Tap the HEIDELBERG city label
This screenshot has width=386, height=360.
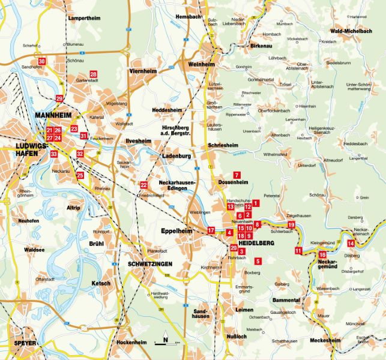pos(256,242)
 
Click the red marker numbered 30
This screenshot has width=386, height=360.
pos(41,61)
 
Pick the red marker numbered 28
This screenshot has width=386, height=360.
pos(94,74)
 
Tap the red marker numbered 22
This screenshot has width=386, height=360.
pos(143,184)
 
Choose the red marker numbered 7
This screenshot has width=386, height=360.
pos(237,174)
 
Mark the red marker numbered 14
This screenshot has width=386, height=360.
pos(351,242)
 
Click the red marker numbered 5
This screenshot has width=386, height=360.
pos(258,261)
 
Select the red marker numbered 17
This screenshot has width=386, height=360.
pos(211,230)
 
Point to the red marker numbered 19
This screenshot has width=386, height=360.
pos(291,225)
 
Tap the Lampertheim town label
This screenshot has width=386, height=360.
pos(83,19)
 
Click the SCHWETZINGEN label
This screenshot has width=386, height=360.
pos(149,264)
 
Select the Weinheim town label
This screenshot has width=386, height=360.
pos(201,64)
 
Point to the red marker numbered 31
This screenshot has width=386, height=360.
pos(83,136)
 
